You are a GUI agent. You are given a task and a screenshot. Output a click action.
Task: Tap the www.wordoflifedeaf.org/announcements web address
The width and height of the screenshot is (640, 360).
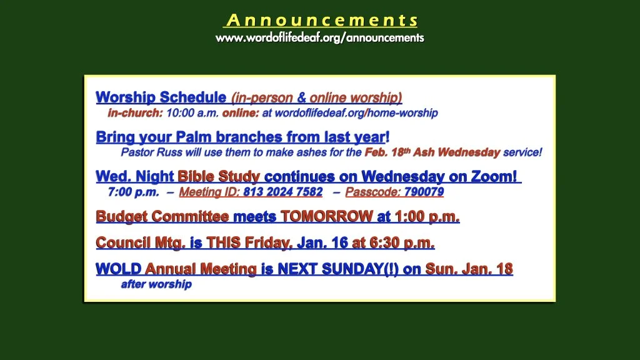click(x=319, y=37)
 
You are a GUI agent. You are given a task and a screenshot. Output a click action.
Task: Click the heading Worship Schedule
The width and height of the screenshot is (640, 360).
click(x=161, y=97)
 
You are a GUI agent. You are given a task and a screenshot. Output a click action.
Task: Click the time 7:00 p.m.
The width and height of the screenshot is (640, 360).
click(x=133, y=192)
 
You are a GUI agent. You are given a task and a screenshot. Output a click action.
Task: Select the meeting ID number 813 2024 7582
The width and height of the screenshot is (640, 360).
click(x=283, y=192)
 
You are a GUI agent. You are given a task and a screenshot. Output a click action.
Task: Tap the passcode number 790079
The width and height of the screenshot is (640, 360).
click(x=424, y=192)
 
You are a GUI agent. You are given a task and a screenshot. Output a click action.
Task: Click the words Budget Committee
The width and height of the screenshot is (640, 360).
click(x=162, y=217)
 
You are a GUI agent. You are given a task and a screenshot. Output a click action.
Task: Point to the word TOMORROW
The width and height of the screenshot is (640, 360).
click(x=326, y=217)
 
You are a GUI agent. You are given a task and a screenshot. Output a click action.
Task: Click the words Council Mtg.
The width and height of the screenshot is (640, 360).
click(x=141, y=242)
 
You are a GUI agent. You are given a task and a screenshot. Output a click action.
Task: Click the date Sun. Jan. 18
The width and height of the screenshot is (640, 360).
click(x=469, y=269)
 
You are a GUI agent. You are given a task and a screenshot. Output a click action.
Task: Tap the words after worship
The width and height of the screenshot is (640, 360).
click(x=156, y=284)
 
